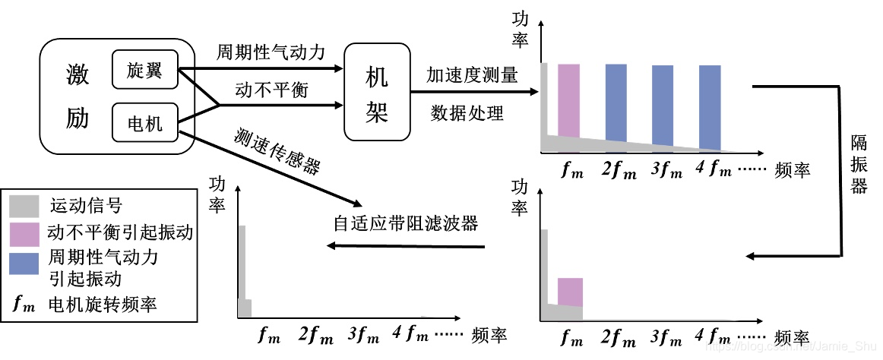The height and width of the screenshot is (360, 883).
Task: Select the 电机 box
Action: [x=144, y=122]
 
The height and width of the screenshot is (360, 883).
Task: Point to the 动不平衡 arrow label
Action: [x=261, y=90]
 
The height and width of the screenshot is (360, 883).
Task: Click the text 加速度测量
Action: [x=472, y=74]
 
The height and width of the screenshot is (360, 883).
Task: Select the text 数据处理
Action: [x=467, y=114]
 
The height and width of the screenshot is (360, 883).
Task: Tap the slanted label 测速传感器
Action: [x=276, y=151]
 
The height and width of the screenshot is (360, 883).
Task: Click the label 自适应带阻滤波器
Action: [x=406, y=223]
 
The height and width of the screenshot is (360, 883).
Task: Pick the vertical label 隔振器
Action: [x=859, y=164]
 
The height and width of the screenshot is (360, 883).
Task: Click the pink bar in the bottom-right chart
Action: [x=570, y=292]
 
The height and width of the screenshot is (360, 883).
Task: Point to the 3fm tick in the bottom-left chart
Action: [x=362, y=333]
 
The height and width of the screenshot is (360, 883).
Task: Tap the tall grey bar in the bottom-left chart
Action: [x=242, y=262]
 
